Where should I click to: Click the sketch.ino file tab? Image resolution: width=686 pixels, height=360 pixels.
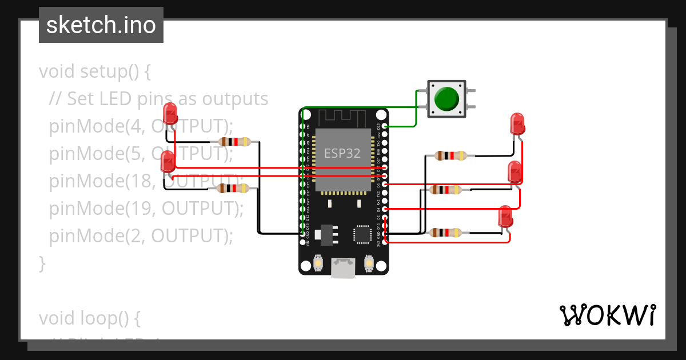101,25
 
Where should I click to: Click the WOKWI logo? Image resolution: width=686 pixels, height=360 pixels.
607,315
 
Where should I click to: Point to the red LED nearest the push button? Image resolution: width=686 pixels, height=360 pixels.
517,123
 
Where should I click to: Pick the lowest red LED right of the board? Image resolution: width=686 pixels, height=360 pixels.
506,218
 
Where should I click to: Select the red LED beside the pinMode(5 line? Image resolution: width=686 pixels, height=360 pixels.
168,162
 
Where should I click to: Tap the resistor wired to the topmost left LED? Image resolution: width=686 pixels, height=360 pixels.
234,142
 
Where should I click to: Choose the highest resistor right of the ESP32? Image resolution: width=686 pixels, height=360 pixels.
451,155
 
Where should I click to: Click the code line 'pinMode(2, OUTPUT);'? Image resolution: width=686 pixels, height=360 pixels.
141,235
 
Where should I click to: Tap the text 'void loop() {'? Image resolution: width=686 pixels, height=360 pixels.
89,317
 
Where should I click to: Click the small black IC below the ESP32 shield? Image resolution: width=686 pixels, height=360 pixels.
362,234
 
